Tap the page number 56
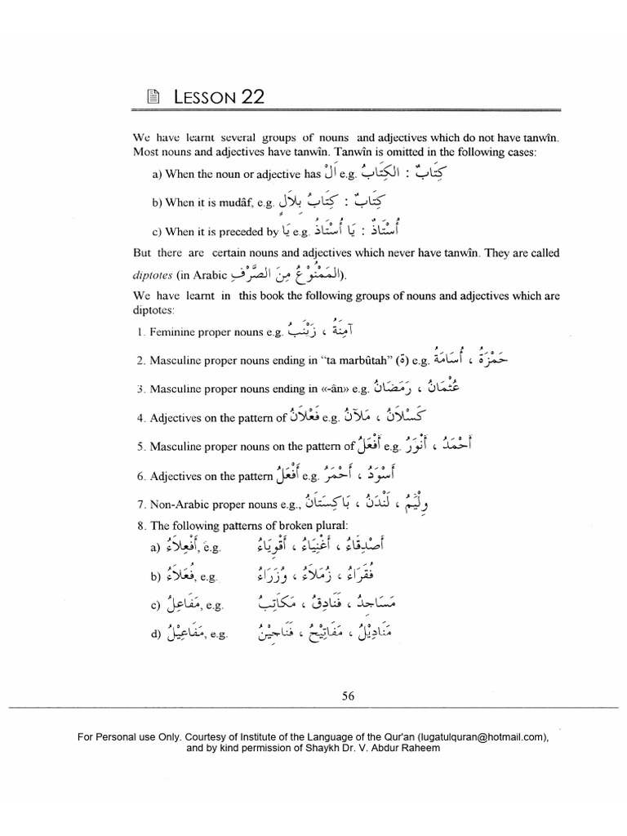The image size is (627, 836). (348, 696)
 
